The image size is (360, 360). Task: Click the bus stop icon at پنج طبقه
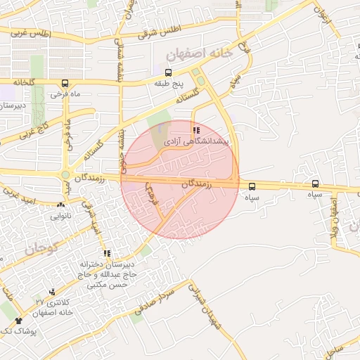[x=168, y=72]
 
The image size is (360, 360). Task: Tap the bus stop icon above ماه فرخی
[x=65, y=82]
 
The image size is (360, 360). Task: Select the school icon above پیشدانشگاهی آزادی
[x=195, y=130]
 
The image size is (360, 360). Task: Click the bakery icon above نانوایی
[x=60, y=206]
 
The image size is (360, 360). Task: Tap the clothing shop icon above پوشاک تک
[x=18, y=321]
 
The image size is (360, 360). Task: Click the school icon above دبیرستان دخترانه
[x=107, y=254]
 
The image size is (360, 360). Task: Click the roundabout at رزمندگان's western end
[x=66, y=174]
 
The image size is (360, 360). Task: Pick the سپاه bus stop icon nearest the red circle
[x=252, y=186]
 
